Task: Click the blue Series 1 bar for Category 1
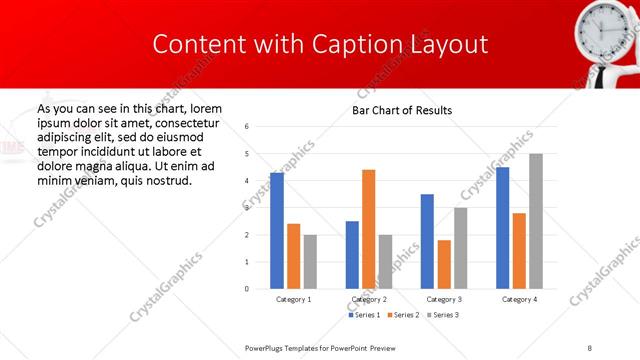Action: point(277,231)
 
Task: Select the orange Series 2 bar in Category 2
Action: point(369,229)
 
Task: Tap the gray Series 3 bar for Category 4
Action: point(536,221)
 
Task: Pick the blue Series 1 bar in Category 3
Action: point(427,241)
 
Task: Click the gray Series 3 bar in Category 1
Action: point(310,262)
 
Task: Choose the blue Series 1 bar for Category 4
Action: point(503,228)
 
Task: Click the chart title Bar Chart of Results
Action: point(402,110)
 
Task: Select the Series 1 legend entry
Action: point(364,316)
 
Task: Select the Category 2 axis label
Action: point(369,299)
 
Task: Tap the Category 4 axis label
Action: point(519,299)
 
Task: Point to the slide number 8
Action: point(590,346)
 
